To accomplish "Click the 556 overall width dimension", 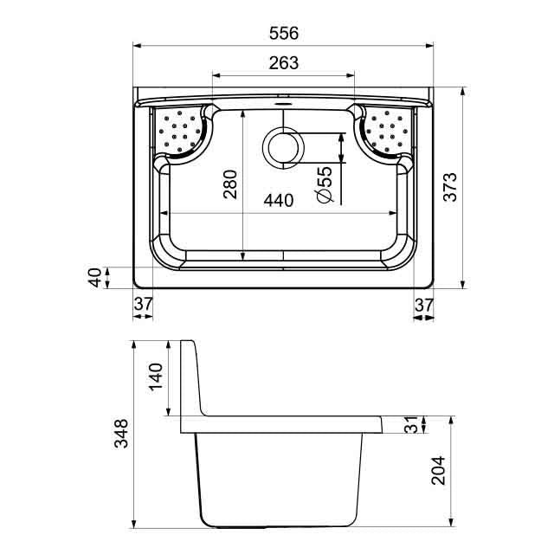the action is (284, 33).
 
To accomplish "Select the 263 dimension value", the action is (284, 63).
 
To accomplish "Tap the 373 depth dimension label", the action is (450, 187).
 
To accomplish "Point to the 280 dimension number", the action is (230, 184).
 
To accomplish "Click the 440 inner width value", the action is (279, 200).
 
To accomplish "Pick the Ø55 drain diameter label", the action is (325, 184).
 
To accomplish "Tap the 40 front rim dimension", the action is (94, 278).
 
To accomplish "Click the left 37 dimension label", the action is (143, 304).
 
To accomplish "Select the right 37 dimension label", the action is (423, 305).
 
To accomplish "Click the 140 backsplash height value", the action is (156, 377).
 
